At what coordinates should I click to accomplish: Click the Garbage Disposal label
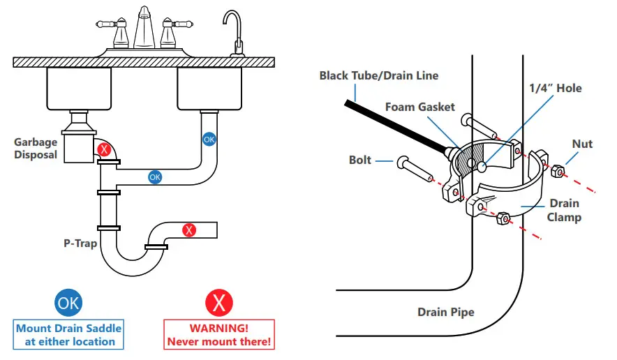coord(36,149)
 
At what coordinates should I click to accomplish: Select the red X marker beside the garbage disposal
coord(105,149)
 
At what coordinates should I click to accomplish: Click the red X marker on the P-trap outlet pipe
coord(189,230)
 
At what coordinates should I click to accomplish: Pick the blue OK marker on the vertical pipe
coord(209,140)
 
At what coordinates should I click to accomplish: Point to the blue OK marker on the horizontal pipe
coord(155,177)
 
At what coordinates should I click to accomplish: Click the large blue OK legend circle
coord(68,302)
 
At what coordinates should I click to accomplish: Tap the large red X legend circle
coord(218,303)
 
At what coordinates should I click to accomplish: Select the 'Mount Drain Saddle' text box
coord(69,335)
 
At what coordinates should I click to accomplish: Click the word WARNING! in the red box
coord(219,328)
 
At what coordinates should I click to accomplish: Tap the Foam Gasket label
coord(420,107)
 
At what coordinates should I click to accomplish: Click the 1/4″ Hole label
coord(555,88)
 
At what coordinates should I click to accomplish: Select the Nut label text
coord(582,144)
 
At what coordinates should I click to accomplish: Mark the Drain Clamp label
coord(563,210)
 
